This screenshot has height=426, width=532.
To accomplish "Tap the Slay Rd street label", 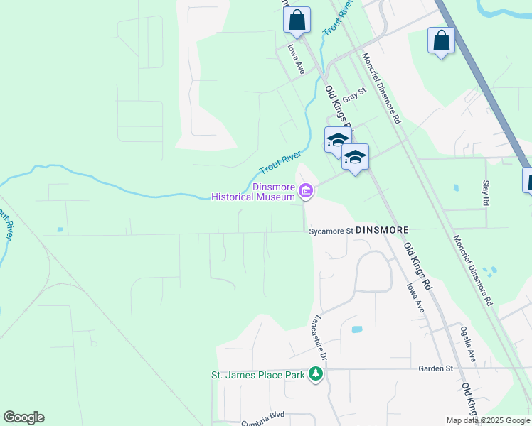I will click(x=486, y=192).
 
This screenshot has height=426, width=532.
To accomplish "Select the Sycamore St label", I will click(x=331, y=231).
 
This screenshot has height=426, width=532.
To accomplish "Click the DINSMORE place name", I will click(x=381, y=231).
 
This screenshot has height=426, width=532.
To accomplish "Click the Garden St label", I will click(x=435, y=368).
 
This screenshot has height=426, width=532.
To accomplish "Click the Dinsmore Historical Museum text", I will click(x=253, y=192).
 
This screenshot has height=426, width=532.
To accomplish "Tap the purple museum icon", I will click(x=306, y=190).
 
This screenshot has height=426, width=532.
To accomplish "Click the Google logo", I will click(x=23, y=417).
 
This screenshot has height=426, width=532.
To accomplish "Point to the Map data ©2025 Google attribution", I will click(x=488, y=420).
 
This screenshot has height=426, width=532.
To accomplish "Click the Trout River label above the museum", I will click(x=280, y=163).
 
